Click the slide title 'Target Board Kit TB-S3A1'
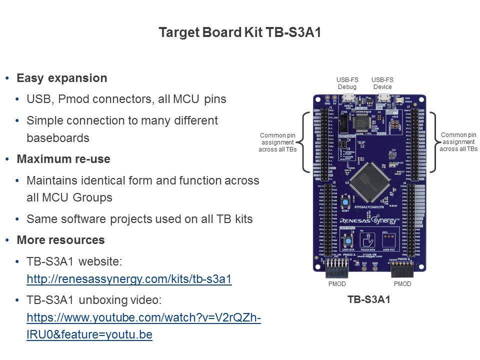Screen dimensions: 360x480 click(x=239, y=32)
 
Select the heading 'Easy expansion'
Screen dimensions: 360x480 click(x=61, y=78)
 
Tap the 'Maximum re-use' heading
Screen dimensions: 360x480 click(x=63, y=159)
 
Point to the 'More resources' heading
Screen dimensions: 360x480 click(x=60, y=240)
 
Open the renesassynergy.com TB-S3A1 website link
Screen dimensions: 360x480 click(x=129, y=279)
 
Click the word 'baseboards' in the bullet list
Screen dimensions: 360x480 click(x=58, y=137)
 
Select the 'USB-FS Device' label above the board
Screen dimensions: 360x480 click(x=382, y=83)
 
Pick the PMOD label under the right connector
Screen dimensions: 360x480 click(x=402, y=284)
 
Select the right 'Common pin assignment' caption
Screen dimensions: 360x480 click(x=458, y=141)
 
